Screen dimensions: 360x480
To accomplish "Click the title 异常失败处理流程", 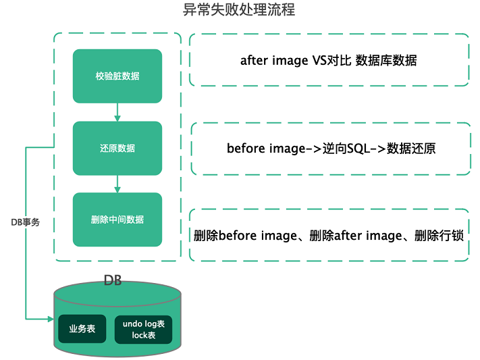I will pos(239,11).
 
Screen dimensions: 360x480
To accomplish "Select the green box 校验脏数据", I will pos(117,76).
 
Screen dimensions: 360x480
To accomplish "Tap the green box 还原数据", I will pos(117,148).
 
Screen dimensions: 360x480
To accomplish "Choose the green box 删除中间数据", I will pos(117,220).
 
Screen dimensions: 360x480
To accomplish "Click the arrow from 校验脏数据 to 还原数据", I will pos(117,112).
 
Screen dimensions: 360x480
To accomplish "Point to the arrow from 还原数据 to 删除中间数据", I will pos(117,184).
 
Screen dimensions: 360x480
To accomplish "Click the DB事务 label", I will pos(25,222).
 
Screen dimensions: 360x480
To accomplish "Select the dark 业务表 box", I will pos(82,329).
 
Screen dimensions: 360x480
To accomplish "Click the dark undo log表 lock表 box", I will pos(143,329).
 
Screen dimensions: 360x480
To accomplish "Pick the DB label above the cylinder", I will pos(113,280).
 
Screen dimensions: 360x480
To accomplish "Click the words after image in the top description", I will pos(273,60).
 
